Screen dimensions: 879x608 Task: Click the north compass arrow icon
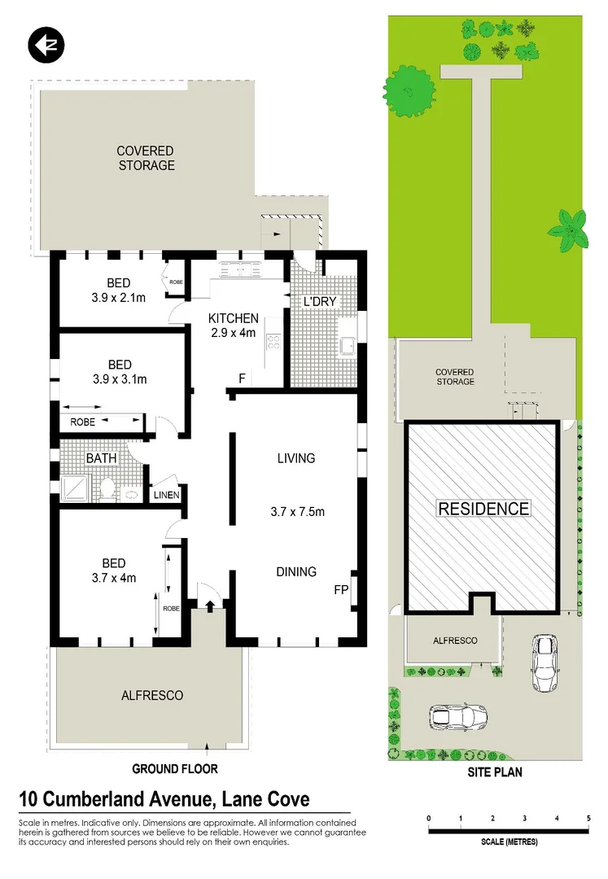[46, 45]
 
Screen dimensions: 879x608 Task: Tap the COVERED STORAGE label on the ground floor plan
[145, 158]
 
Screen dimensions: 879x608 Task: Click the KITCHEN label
[234, 318]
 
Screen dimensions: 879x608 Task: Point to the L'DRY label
[319, 302]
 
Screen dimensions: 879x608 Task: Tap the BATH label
[102, 458]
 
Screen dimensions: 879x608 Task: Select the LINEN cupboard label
[166, 495]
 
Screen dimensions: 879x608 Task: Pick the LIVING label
[295, 458]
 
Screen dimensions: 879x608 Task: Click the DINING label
[295, 571]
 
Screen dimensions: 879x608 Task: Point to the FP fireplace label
[340, 588]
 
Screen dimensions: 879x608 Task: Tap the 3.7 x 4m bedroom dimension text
[113, 579]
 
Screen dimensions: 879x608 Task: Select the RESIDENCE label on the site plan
[483, 509]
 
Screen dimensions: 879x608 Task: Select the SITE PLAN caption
[495, 772]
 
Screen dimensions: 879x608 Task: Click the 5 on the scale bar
[588, 818]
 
